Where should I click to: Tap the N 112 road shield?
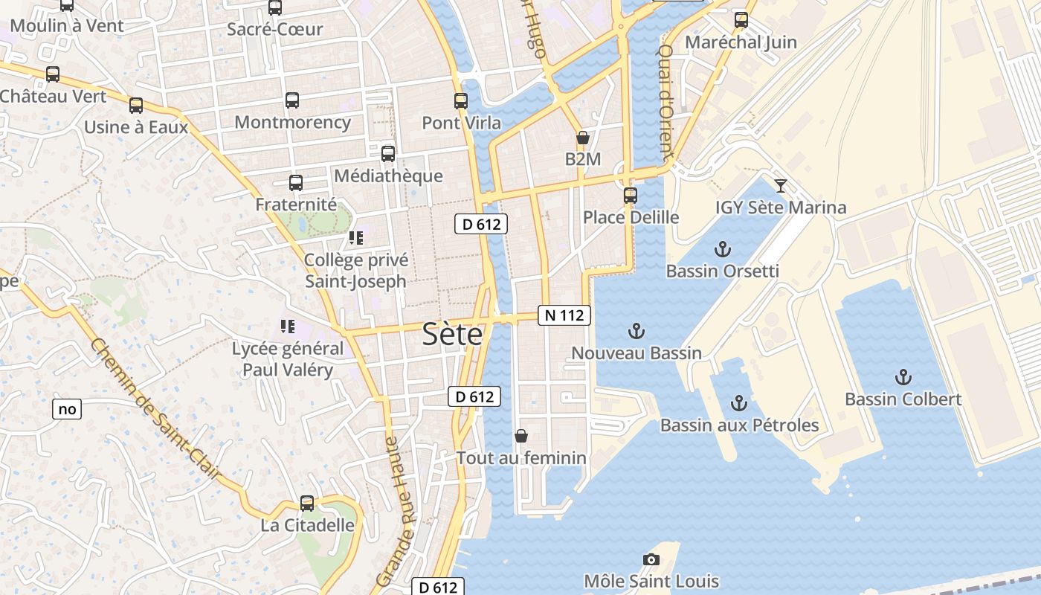(564, 315)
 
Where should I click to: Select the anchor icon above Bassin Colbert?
(903, 377)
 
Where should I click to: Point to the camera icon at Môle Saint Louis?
(651, 559)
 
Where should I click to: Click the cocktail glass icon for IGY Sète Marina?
(781, 186)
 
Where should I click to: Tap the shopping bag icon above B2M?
(583, 138)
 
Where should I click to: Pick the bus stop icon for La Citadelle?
(307, 504)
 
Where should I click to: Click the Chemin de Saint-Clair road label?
(155, 408)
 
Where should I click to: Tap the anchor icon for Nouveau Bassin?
(636, 331)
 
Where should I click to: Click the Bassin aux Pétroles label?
(739, 425)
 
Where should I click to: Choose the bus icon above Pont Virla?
(461, 101)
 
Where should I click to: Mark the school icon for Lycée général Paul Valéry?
(288, 326)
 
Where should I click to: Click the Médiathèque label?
(388, 176)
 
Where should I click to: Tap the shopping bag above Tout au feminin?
(521, 436)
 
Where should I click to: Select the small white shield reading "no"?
(67, 408)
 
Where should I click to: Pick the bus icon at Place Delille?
(631, 196)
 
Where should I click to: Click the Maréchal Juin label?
(741, 42)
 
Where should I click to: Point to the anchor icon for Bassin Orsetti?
(722, 249)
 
